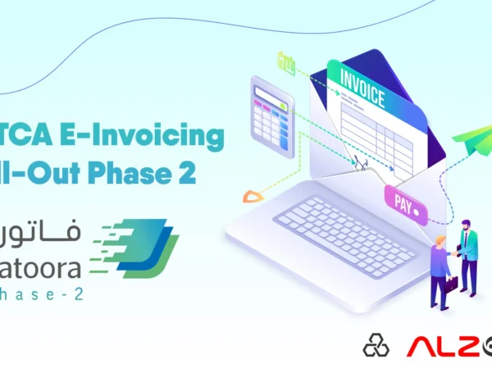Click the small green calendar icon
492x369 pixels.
pos(286,62)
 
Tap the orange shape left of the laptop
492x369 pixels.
pos(253,195)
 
